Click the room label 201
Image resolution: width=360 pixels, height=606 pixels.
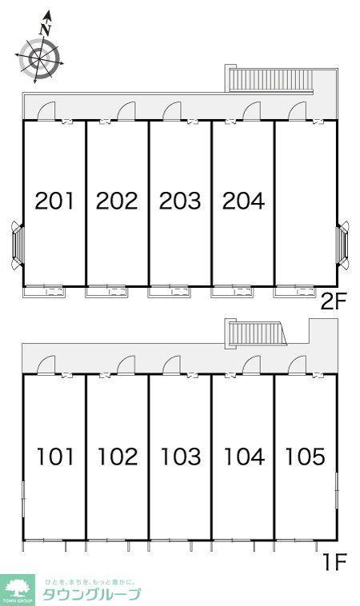(54, 201)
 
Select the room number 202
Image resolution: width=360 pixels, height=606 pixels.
(117, 201)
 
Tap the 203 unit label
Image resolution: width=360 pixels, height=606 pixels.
(180, 201)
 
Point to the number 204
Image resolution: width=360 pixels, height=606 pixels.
(244, 201)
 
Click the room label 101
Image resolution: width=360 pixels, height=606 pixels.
(55, 456)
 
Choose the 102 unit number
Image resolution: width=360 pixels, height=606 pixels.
(118, 456)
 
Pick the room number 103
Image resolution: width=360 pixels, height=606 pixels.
(181, 456)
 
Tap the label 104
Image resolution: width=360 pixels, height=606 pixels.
(244, 456)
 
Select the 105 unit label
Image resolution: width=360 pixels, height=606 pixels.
(305, 456)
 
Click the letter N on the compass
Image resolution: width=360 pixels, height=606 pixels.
(46, 30)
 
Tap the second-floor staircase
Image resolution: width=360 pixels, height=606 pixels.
(271, 80)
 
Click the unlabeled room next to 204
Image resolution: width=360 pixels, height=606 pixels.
(306, 204)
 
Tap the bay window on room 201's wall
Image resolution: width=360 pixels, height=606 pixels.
(18, 245)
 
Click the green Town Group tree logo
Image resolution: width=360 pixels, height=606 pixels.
(17, 589)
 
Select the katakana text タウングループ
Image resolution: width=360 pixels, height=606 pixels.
(92, 595)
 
